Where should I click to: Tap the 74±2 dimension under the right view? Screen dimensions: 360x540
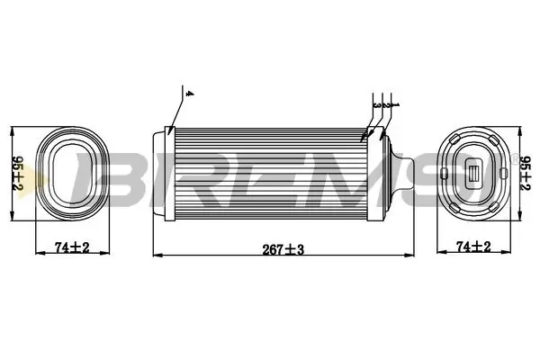[473, 246]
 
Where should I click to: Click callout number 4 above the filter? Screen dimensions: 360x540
[186, 94]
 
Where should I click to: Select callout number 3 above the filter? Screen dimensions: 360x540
[375, 105]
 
